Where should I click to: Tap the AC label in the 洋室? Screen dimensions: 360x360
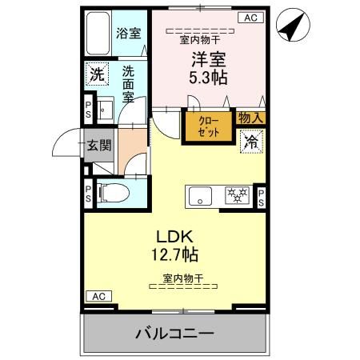click(250, 17)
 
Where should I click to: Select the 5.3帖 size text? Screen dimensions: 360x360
click(206, 78)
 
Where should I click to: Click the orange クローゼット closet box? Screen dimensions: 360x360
click(207, 126)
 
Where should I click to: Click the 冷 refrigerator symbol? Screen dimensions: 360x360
click(251, 142)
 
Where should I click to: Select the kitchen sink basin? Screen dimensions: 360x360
click(200, 194)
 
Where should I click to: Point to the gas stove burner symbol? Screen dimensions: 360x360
click(236, 194)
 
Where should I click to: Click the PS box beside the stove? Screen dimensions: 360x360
click(262, 198)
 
